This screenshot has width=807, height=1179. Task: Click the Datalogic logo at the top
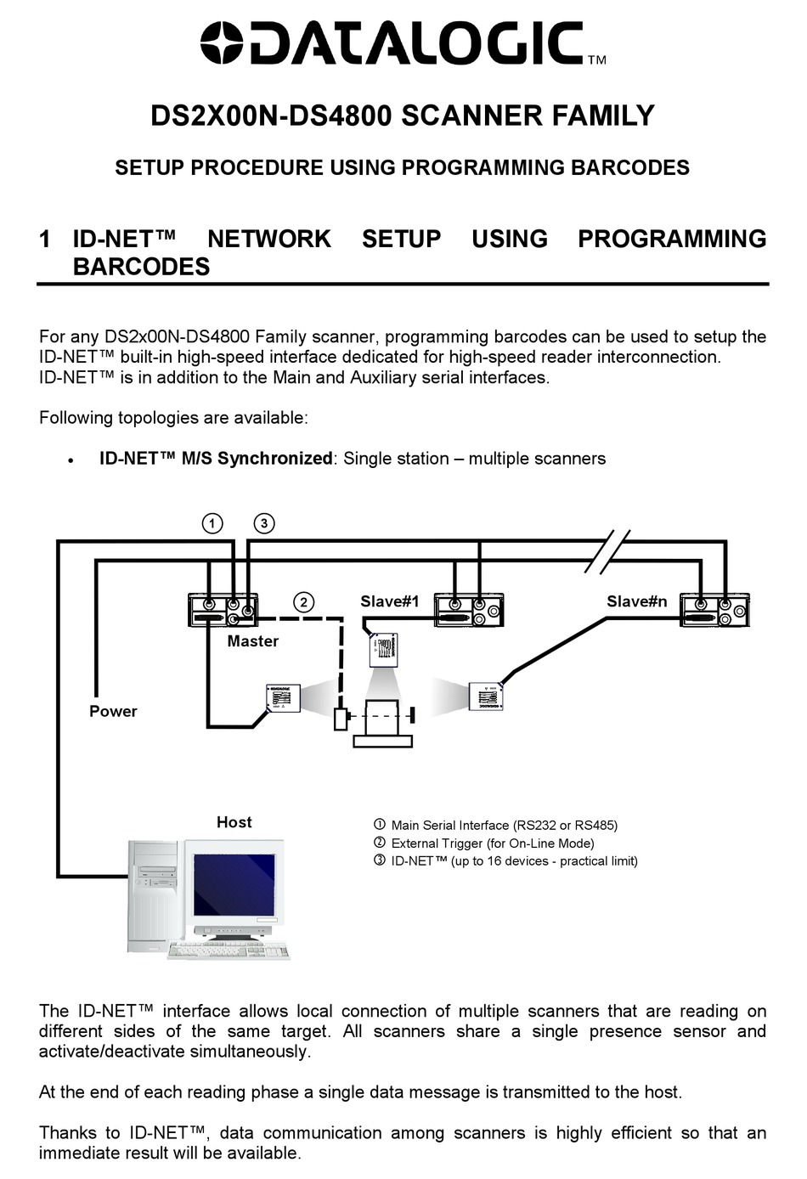pyautogui.click(x=392, y=43)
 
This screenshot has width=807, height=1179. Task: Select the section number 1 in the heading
pyautogui.click(x=46, y=240)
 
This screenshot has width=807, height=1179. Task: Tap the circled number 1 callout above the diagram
pyautogui.click(x=212, y=522)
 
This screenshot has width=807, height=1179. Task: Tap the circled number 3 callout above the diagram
pyautogui.click(x=264, y=522)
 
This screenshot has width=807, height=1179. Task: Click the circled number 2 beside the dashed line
pyautogui.click(x=303, y=602)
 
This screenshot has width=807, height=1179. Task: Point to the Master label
pyautogui.click(x=252, y=641)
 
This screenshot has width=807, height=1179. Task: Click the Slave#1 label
pyautogui.click(x=389, y=601)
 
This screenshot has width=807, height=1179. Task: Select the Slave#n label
pyautogui.click(x=636, y=601)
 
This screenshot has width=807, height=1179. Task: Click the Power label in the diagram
pyautogui.click(x=113, y=712)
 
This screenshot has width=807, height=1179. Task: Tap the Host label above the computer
pyautogui.click(x=234, y=822)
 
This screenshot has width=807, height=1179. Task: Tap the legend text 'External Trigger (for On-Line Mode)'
pyautogui.click(x=492, y=843)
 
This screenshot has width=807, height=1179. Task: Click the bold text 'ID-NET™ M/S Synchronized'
pyautogui.click(x=215, y=459)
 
